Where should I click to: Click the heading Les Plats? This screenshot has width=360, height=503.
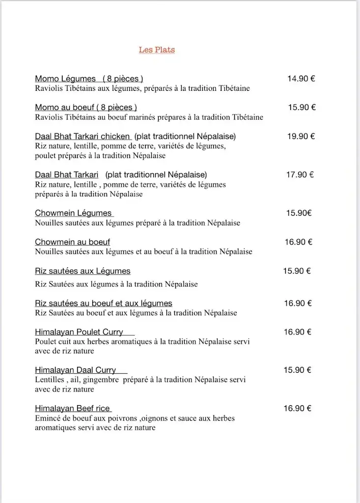[x=157, y=50]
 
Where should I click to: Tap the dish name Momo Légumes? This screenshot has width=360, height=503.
[x=65, y=79]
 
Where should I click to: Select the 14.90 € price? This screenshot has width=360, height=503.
[x=301, y=78]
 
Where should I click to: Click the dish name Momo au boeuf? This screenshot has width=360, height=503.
[x=65, y=107]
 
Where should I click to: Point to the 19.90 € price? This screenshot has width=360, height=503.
[x=301, y=136]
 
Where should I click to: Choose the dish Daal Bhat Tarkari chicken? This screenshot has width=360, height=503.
[x=83, y=136]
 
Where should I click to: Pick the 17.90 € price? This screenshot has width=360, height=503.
[x=300, y=174]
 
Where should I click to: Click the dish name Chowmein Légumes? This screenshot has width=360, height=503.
[x=74, y=213]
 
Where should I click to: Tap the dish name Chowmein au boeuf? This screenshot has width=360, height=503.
[x=72, y=242]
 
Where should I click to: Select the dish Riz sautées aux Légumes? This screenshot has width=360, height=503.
[x=83, y=271]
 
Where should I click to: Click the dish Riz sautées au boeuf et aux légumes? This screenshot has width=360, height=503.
[x=104, y=303]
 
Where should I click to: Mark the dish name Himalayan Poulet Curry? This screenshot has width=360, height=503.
[x=79, y=332]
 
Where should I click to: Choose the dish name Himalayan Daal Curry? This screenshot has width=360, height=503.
[x=76, y=370]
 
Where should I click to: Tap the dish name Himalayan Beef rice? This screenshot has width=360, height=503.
[x=73, y=408]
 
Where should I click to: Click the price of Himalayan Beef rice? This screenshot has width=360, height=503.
[x=298, y=408]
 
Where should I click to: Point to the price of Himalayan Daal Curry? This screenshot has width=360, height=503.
[x=297, y=370]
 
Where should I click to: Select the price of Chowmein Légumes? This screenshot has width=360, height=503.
[x=299, y=213]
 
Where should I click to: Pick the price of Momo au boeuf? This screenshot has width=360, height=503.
[x=302, y=107]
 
